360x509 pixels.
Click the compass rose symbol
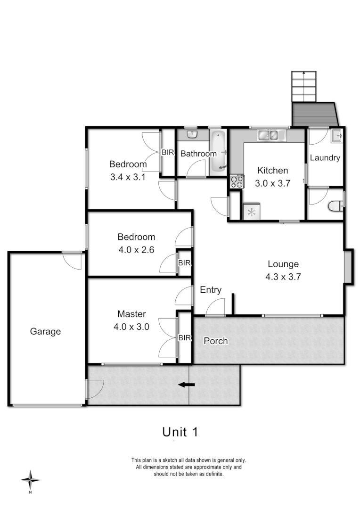coord(30,480)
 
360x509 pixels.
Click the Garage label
coord(45,331)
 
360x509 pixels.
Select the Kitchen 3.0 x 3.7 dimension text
coord(272,184)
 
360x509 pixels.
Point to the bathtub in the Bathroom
coord(218,151)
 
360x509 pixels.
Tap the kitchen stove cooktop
coord(237,181)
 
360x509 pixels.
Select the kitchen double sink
coord(271,136)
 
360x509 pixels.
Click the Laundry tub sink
coord(336,136)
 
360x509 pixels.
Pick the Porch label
coord(215,341)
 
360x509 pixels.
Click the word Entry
coord(211,290)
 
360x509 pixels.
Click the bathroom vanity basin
coord(192,135)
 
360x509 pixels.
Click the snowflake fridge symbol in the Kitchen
coord(252,212)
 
